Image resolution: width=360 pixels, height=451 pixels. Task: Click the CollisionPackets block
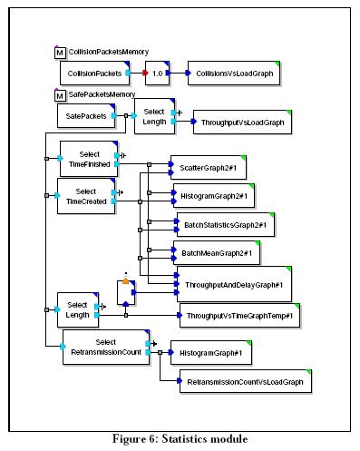[95, 74]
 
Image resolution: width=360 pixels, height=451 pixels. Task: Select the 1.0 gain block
[157, 74]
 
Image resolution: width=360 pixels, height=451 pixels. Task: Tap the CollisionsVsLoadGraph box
[234, 74]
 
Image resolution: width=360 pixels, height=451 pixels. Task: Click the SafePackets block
[86, 116]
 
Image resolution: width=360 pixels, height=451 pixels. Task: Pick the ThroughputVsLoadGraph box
[242, 123]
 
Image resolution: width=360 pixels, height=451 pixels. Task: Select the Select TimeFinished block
[89, 159]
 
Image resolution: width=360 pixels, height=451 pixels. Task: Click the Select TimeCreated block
[86, 196]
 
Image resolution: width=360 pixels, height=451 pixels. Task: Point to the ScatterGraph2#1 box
[209, 168]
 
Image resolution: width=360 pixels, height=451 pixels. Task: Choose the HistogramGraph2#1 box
[214, 196]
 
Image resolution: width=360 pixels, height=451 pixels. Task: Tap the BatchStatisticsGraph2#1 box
[226, 225]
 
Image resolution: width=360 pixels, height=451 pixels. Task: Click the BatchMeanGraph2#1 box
[217, 253]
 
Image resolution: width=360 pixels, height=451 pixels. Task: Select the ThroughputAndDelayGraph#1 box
[234, 284]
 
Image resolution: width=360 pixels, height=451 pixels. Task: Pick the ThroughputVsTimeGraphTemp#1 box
[240, 316]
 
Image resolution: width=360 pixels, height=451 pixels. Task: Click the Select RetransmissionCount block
[106, 348]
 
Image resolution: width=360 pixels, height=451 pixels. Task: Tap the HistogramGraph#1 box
[211, 353]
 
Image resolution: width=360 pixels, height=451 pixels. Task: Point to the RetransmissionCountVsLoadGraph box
[246, 381]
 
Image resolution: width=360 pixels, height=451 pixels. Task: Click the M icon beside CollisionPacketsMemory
[60, 53]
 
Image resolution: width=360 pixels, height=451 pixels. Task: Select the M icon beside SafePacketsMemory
[60, 95]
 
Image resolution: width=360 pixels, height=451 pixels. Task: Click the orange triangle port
[126, 281]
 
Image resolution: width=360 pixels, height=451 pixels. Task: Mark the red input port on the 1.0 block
[145, 74]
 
